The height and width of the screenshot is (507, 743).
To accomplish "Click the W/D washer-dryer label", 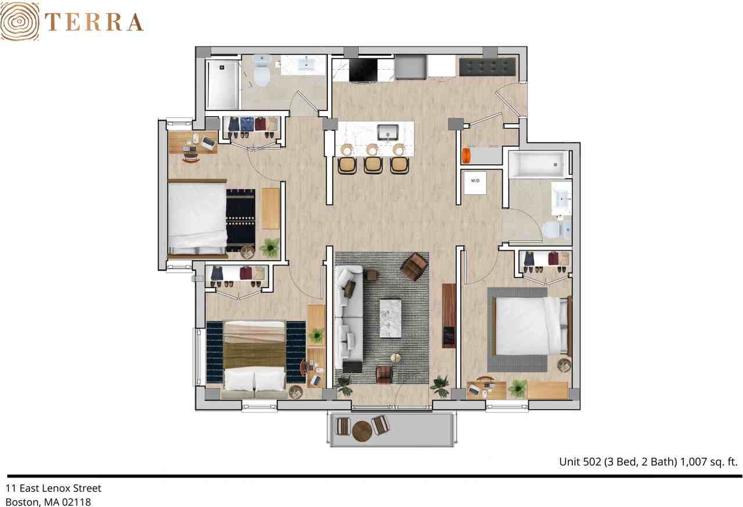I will coord(475,181).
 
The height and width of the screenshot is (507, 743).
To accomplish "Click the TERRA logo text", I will coord(93,22).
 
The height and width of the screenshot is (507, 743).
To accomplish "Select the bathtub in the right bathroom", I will coord(537,164).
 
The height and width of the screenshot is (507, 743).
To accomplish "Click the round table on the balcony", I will coord(361,430).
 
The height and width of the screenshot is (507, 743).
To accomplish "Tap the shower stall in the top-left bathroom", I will coord(222,84).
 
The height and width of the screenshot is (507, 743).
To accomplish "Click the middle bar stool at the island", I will coord(373,163).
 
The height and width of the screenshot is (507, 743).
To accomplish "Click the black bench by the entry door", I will coord(487,66).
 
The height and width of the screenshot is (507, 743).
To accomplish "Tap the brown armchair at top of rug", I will coord(414,266).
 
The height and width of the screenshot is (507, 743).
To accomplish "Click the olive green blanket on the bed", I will coord(254,355).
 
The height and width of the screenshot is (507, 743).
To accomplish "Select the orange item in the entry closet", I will coord(465,156).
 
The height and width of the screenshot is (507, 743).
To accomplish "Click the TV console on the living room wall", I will coord(449,315).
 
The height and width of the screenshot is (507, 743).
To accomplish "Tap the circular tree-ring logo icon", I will coord(20,21).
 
